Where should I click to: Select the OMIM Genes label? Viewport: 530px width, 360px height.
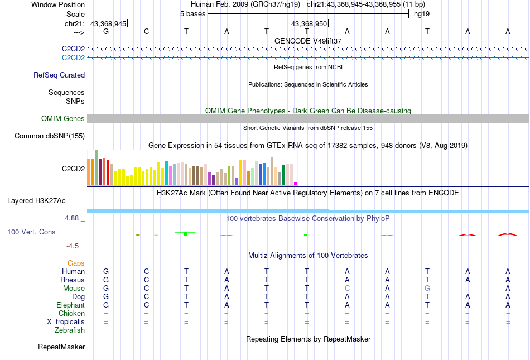coord(63,118)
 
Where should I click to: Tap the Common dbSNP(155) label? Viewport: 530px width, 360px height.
coord(50,136)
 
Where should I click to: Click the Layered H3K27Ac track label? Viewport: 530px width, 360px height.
coord(46,200)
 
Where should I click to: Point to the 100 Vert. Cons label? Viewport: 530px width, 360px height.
coord(31,232)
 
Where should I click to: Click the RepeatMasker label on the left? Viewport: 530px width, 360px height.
coord(61,347)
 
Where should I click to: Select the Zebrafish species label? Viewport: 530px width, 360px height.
coord(70,330)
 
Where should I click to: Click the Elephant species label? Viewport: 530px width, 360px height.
coord(70,305)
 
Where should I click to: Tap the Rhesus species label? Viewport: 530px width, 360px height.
coord(73,280)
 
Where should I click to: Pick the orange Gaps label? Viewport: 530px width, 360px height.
coord(76,263)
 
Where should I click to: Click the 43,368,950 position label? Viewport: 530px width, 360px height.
coord(309,23)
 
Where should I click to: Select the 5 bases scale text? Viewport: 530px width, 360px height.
coord(192,13)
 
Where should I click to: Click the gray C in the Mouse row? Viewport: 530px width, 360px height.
coord(347,288)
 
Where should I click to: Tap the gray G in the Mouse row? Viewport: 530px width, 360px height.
coord(427,288)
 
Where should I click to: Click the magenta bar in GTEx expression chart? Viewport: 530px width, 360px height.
coord(296,183)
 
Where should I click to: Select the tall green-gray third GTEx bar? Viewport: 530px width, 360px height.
coord(96,167)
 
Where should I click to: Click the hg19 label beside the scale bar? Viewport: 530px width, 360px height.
coord(421,13)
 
